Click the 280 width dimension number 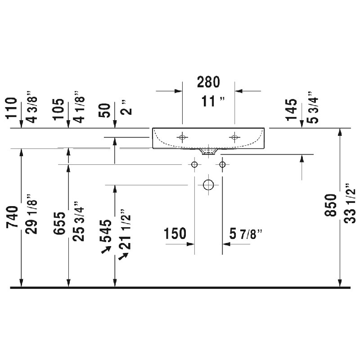click(208, 82)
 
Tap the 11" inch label click(213, 101)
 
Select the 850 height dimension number click(331, 205)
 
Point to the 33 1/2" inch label click(350, 203)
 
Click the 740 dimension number click(12, 217)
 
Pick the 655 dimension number click(59, 223)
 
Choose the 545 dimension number click(105, 231)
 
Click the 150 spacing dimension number click(175, 234)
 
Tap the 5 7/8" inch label click(246, 234)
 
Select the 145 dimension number click(291, 109)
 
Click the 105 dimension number click(58, 109)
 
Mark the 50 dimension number click(105, 110)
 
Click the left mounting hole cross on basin click(182, 137)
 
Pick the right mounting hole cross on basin click(234, 137)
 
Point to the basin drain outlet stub click(208, 152)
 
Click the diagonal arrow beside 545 click(106, 250)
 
